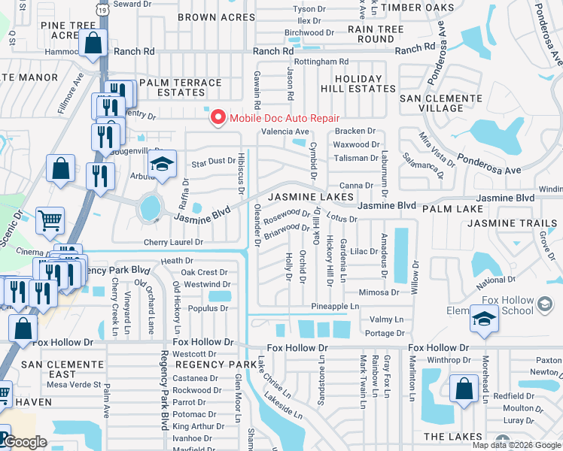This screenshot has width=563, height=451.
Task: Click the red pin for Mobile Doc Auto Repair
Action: pos(218,117)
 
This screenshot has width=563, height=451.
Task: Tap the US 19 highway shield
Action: pos(102,8)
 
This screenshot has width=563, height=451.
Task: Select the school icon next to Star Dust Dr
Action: pos(162,165)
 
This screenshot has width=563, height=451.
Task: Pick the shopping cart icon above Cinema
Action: pos(50,220)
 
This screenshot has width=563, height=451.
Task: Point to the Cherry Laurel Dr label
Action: pos(174,243)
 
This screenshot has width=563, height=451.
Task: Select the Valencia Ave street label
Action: pos(285,132)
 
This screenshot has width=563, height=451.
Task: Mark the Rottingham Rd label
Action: pos(321,62)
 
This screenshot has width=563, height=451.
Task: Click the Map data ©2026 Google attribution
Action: pos(516,445)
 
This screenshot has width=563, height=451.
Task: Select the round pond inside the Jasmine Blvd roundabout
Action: pos(151,204)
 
